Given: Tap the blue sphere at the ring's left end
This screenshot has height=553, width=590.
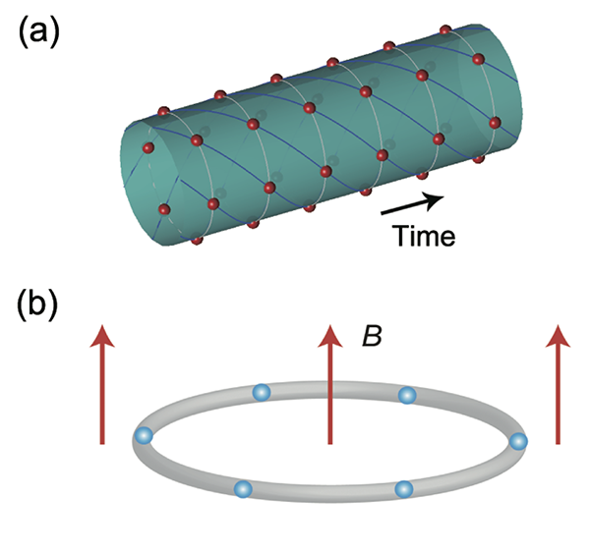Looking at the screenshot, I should [145, 435].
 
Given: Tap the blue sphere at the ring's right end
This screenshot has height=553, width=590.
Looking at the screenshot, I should [519, 442].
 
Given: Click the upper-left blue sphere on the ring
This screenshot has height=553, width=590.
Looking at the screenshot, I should [261, 393].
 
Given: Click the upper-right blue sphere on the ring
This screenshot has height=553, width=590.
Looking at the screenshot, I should [407, 395].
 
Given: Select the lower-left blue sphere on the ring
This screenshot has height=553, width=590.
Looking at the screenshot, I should [244, 488].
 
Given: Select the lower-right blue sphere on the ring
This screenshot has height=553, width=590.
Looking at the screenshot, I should [402, 488].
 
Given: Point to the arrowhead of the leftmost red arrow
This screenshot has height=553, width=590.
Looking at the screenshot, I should [100, 336].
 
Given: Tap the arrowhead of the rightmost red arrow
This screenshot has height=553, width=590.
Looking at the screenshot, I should [559, 336].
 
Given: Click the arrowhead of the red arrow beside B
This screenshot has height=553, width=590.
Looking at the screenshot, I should [330, 336].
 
